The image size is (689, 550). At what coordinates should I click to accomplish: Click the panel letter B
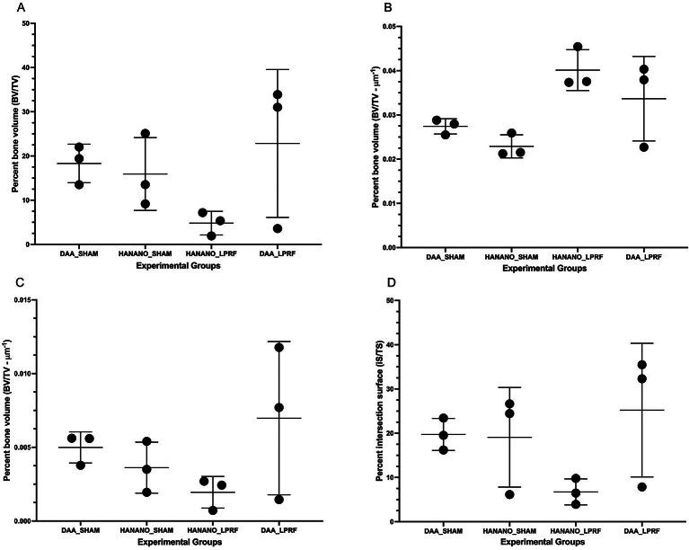[362, 6]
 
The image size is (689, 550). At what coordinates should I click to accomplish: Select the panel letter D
[362, 285]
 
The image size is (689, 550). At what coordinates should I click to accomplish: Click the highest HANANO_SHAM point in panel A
[145, 134]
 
